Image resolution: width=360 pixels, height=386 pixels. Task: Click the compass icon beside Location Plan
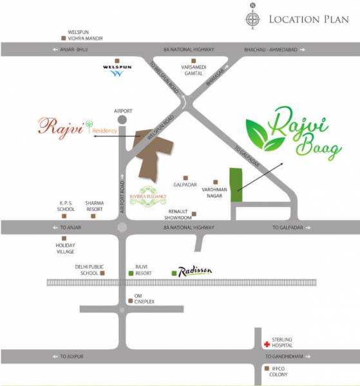tap(252, 19)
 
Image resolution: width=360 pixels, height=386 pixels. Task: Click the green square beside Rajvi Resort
tap(132, 274)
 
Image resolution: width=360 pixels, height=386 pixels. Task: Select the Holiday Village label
tap(66, 248)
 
